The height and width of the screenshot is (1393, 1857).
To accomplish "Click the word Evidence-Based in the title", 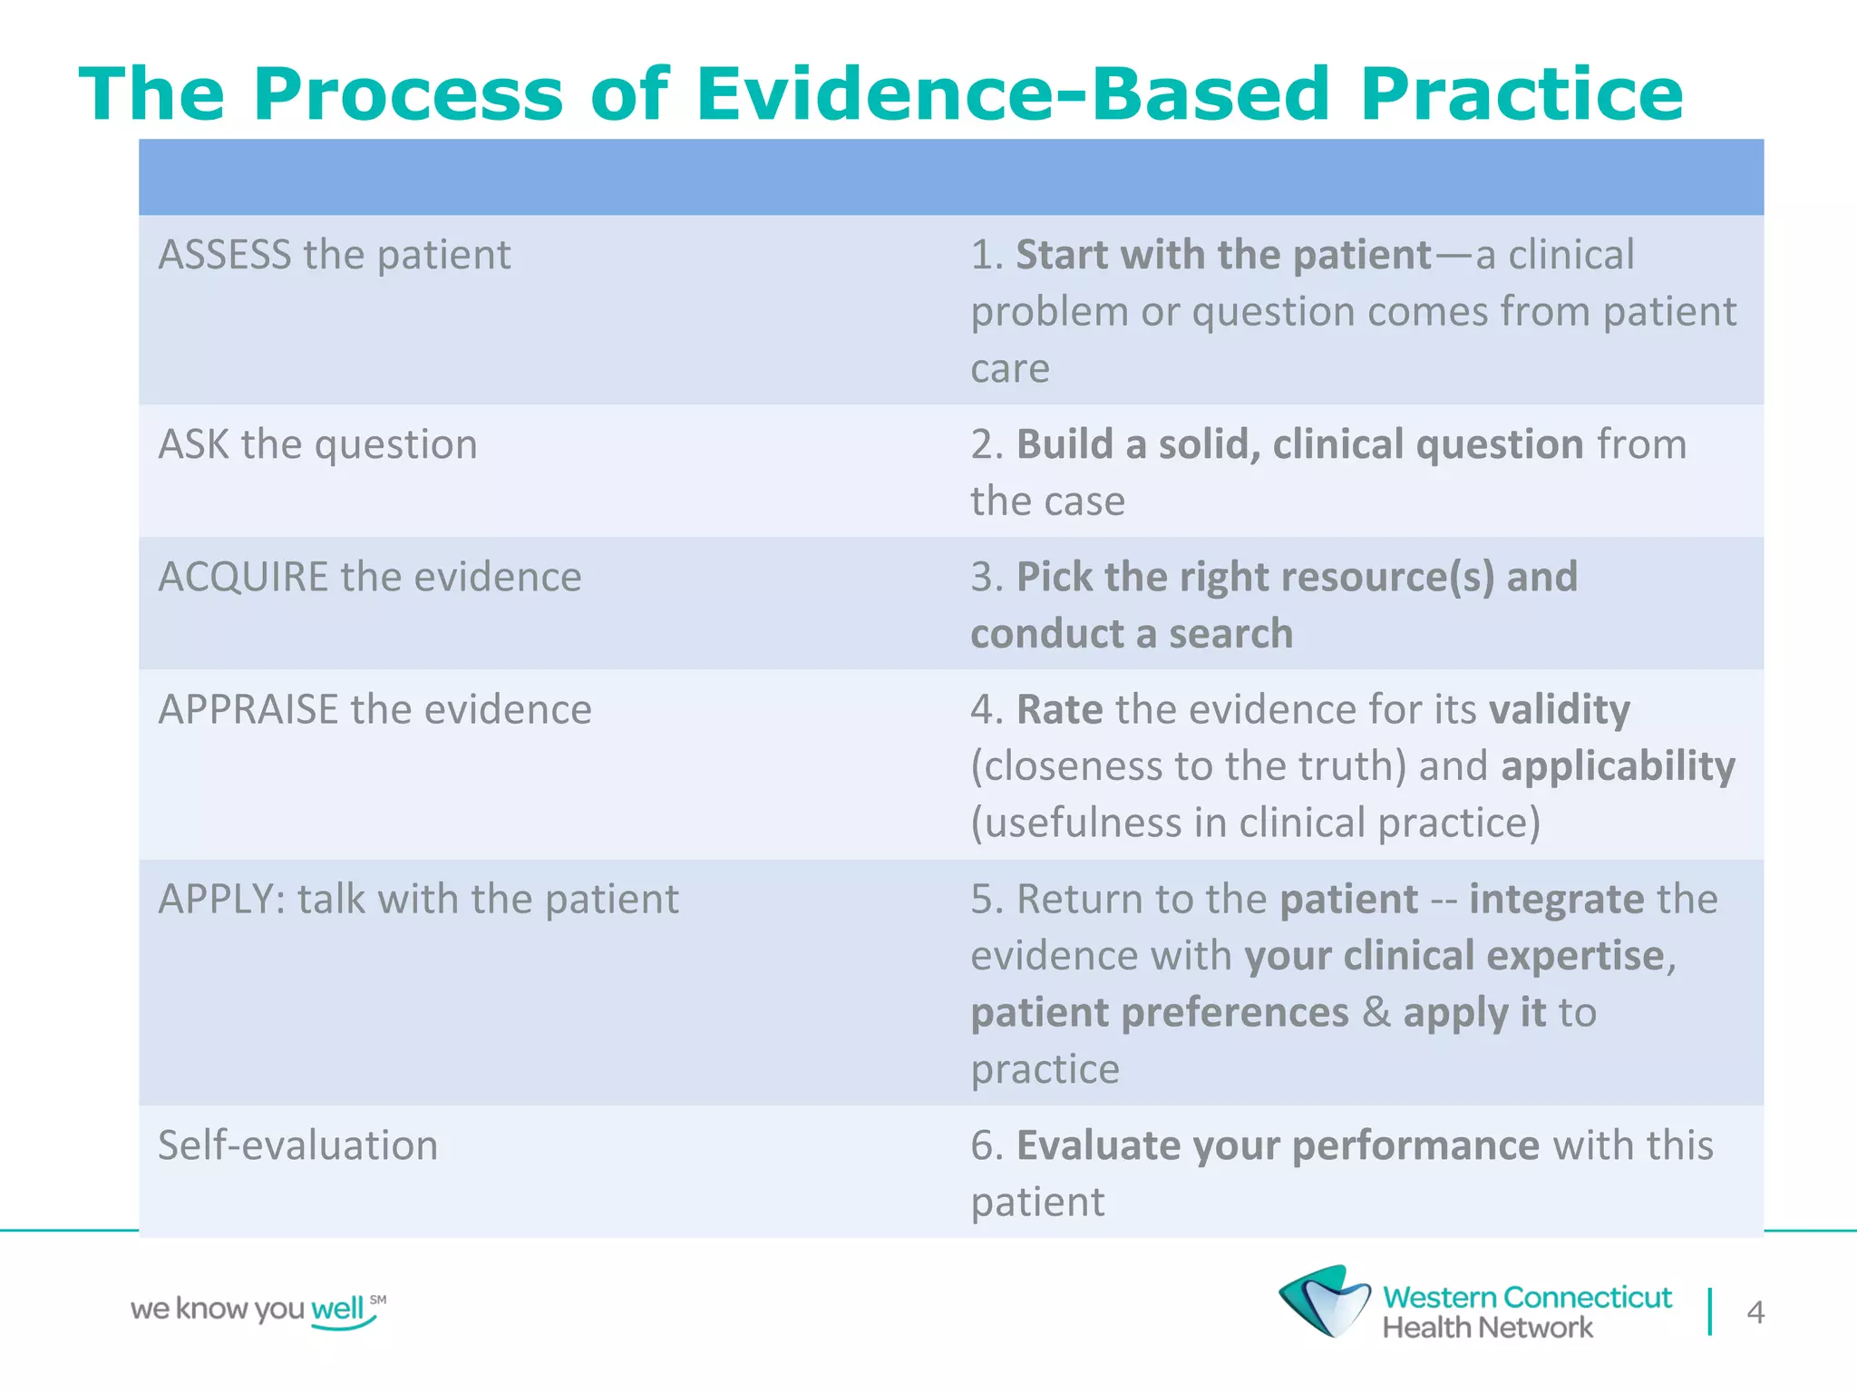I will [x=1011, y=94].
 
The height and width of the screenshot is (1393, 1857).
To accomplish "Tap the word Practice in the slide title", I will [x=1521, y=94].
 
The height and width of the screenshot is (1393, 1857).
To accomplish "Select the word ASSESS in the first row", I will [x=225, y=255].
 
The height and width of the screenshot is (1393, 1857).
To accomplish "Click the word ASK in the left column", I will [x=193, y=444].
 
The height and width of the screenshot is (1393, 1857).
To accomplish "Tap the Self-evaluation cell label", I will [x=297, y=1145].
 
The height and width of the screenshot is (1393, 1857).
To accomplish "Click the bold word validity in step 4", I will [x=1559, y=710].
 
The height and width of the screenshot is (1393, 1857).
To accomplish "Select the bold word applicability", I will [x=1618, y=766].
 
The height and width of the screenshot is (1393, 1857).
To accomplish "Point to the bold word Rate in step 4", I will [x=1059, y=710].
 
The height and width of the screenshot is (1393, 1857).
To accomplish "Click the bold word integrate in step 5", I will [x=1556, y=900].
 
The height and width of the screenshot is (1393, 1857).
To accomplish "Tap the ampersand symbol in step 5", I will [x=1376, y=1012].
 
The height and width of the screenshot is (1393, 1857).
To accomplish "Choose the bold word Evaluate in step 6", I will [x=1097, y=1145].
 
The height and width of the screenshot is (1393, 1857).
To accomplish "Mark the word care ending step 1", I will [x=1009, y=369].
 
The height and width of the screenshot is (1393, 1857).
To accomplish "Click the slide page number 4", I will [x=1755, y=1312].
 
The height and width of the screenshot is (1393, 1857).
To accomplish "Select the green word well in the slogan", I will [x=337, y=1309].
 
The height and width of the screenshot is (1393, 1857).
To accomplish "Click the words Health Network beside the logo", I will [x=1486, y=1328].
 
